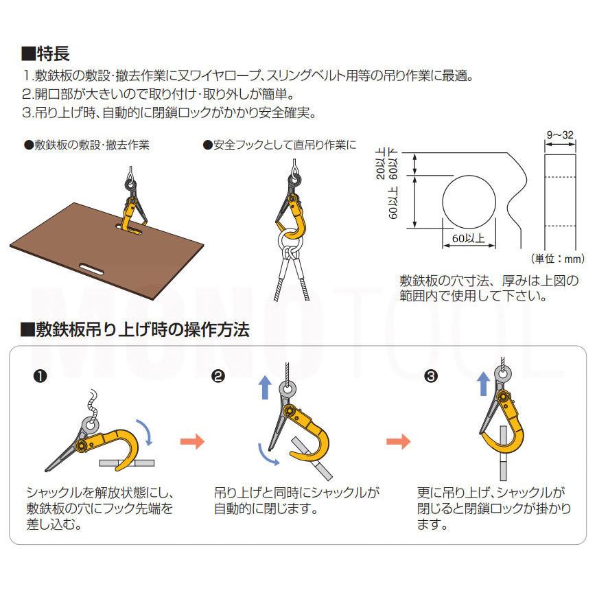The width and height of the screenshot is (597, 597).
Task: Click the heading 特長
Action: coord(45,54)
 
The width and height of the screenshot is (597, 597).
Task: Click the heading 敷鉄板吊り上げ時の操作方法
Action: coord(135,329)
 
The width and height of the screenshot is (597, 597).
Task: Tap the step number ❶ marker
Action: coord(40,376)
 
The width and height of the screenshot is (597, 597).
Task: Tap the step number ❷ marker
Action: coord(218,376)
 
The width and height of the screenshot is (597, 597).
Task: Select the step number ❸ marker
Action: coord(431,376)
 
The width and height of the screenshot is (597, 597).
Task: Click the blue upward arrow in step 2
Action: coord(266,387)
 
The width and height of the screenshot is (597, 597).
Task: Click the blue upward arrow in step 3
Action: coord(484,384)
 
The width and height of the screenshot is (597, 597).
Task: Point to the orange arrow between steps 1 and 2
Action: coord(193,441)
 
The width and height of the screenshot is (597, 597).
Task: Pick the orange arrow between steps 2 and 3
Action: coord(398,441)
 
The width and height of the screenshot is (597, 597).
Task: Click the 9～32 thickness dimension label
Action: coord(560,134)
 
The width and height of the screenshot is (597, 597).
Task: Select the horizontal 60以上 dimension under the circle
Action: coord(468,239)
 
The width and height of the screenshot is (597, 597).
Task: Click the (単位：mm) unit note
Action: coord(557,259)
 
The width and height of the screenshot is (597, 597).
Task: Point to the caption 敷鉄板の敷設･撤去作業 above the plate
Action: coord(87,145)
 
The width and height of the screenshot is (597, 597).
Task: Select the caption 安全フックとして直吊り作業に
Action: coord(280,145)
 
